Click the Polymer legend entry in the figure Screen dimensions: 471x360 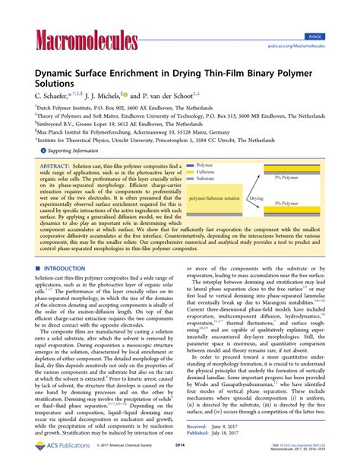click(x=204, y=164)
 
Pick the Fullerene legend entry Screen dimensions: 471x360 click(x=206, y=171)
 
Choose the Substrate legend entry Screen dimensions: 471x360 click(x=206, y=178)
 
